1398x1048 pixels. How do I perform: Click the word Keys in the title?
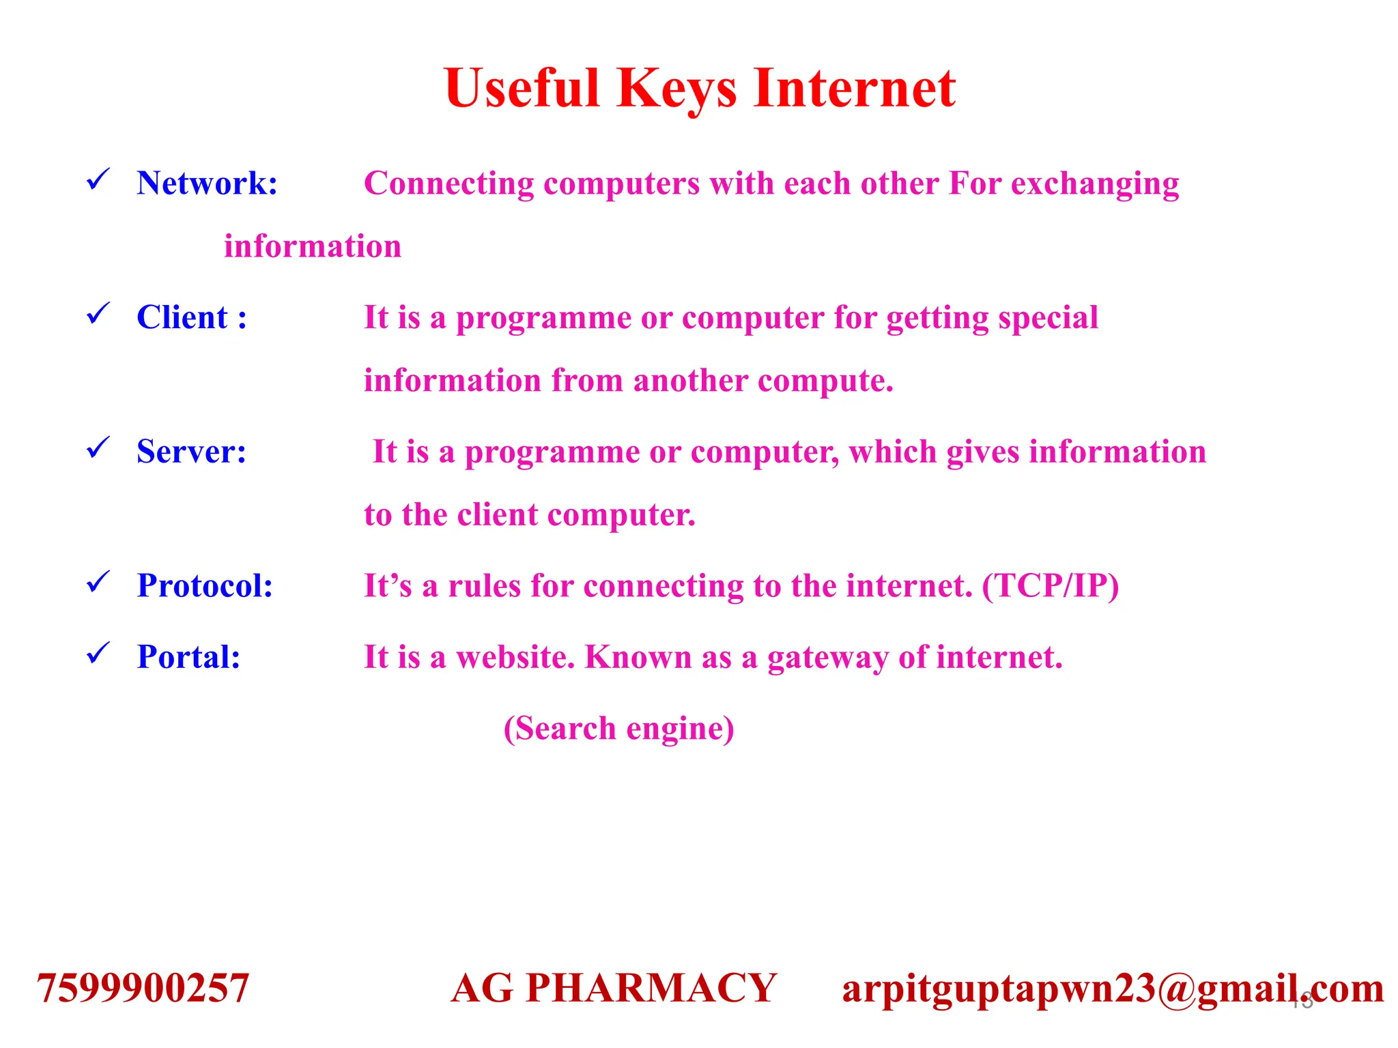[x=676, y=89]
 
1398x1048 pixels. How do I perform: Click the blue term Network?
[x=207, y=184]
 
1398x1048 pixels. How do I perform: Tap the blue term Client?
[x=182, y=318]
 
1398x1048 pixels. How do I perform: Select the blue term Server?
[x=191, y=452]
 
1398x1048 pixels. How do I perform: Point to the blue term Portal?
[x=188, y=657]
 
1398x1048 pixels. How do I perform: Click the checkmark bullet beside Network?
[x=98, y=180]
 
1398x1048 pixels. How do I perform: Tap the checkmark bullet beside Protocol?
[x=98, y=583]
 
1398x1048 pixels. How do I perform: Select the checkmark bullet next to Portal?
[x=98, y=654]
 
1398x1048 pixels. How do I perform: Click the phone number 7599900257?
[x=143, y=989]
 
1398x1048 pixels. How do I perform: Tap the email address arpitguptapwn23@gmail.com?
[x=1113, y=989]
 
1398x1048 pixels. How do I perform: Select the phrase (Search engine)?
[x=618, y=729]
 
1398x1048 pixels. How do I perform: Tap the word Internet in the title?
[x=854, y=89]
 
